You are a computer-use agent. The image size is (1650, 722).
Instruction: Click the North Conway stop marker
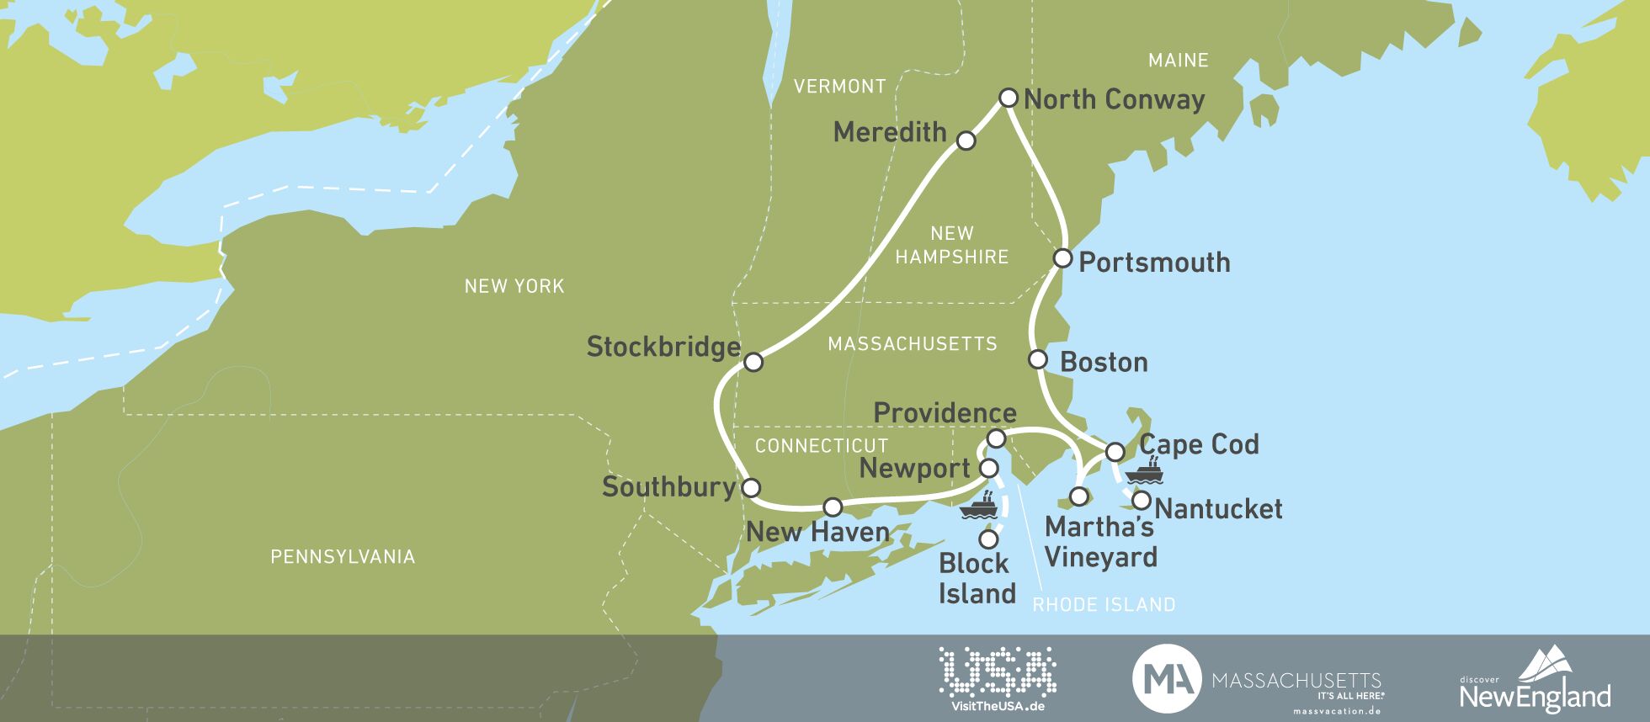click(1008, 98)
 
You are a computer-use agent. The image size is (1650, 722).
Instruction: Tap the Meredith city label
click(890, 132)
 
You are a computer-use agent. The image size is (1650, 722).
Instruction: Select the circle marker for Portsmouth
click(1062, 257)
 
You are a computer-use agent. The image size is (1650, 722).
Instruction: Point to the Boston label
click(1104, 362)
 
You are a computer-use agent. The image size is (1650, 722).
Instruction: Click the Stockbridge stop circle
click(753, 362)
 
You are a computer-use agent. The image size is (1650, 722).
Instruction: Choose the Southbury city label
click(669, 486)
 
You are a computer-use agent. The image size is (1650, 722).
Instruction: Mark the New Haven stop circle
click(832, 507)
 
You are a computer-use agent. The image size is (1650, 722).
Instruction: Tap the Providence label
click(945, 412)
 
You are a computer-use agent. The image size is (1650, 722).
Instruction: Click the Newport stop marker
click(989, 468)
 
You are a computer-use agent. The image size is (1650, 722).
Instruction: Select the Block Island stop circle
click(988, 538)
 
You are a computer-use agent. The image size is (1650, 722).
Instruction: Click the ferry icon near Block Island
click(979, 505)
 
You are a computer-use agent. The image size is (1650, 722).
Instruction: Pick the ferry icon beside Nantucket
click(1144, 471)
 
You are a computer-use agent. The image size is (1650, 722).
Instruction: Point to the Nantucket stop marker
click(1142, 501)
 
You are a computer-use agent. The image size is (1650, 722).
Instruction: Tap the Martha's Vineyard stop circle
click(1078, 496)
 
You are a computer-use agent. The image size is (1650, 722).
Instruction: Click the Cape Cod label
click(1199, 444)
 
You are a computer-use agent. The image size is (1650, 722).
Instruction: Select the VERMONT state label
click(839, 86)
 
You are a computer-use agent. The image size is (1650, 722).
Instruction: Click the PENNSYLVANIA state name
click(343, 556)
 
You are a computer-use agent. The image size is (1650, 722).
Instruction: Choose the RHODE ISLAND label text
click(1104, 604)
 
